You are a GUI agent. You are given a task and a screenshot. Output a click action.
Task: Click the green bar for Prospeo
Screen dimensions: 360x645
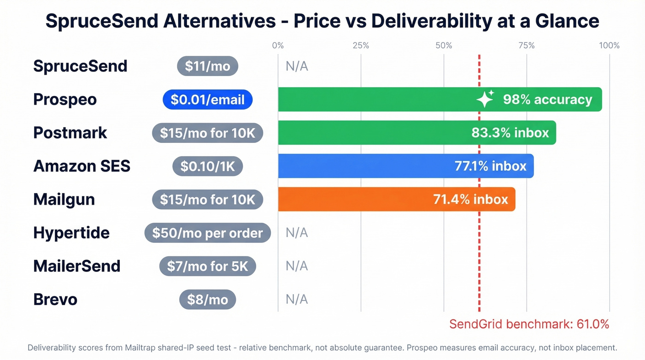click(x=378, y=99)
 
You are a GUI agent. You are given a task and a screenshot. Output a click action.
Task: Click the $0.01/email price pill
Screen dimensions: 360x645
click(x=207, y=100)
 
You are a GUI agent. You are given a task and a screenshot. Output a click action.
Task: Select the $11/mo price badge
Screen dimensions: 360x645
click(x=207, y=66)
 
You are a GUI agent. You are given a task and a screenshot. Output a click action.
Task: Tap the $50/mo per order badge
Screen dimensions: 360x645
click(x=207, y=233)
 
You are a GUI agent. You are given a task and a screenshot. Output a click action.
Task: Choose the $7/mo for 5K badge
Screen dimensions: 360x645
click(x=207, y=266)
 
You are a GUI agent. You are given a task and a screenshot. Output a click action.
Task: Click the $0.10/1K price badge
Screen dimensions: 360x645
click(x=207, y=166)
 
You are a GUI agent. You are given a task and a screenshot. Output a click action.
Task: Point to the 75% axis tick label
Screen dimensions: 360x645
click(x=526, y=45)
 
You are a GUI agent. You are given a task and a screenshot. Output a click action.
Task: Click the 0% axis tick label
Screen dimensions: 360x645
click(x=278, y=45)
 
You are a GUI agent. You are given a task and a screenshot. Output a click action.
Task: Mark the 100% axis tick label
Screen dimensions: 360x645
click(x=609, y=45)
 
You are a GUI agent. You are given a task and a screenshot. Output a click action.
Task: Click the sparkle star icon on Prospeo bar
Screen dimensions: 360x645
click(x=485, y=99)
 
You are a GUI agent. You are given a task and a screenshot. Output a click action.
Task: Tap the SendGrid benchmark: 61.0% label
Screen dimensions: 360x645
click(x=529, y=324)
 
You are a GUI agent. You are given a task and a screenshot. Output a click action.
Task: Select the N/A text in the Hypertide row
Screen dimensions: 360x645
click(x=297, y=233)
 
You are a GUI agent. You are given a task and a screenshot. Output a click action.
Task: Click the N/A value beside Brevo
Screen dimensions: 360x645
click(x=297, y=299)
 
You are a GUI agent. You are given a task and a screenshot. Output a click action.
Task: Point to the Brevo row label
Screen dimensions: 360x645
click(x=55, y=299)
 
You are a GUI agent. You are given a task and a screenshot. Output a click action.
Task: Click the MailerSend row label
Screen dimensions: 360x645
click(x=76, y=266)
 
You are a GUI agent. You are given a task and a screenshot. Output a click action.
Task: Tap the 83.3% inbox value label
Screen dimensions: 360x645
click(x=510, y=133)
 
